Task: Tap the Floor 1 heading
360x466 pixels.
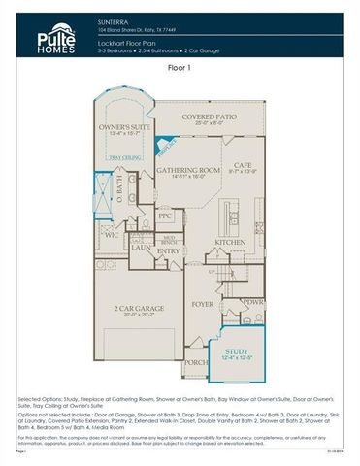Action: coord(180,69)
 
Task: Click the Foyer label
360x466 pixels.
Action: coord(201,304)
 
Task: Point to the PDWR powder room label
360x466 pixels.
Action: coord(255,301)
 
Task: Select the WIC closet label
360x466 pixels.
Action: coord(111,234)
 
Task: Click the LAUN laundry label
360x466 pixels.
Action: coord(140,249)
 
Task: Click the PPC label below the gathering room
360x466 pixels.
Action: coord(165,216)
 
